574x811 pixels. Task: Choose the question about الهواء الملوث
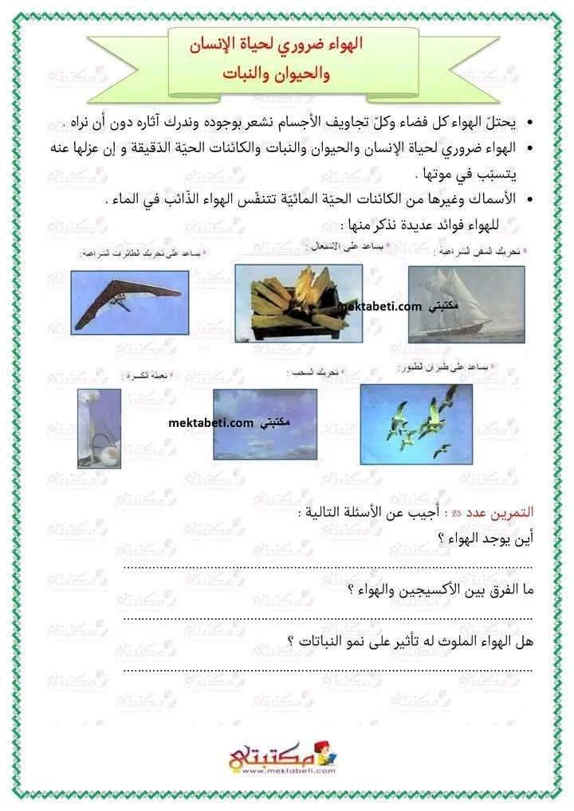coord(410,641)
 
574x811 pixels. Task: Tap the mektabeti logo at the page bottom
coord(285,757)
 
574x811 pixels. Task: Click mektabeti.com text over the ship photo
coord(379,305)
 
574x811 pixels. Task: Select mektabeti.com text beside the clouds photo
coord(210,424)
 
